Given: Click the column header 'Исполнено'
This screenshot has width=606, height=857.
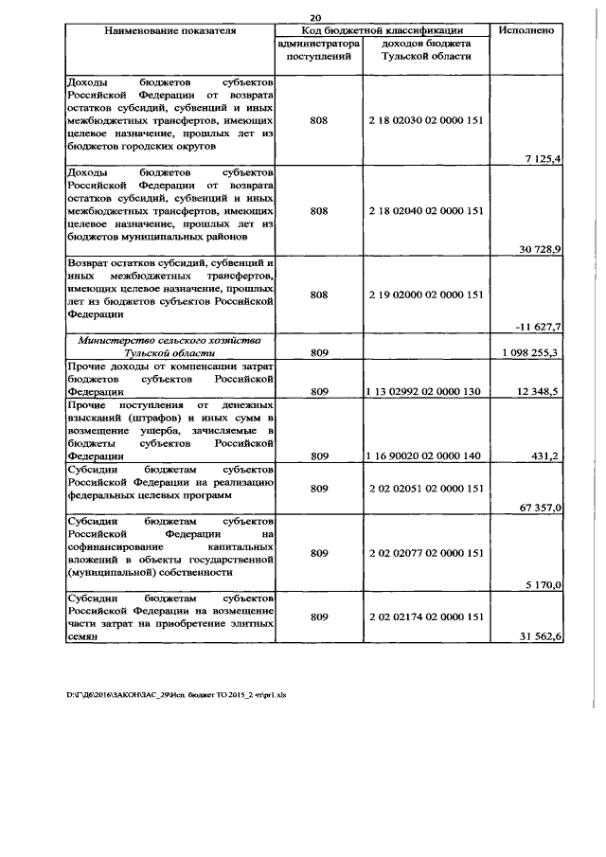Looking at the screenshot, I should tap(526, 30).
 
